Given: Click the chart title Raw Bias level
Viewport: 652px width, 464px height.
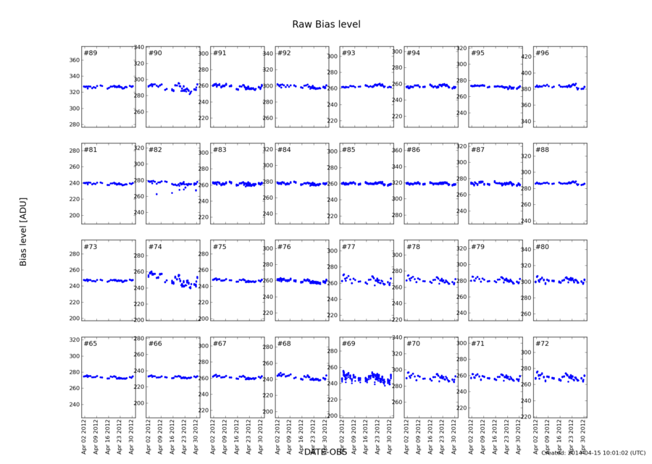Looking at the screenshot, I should click(x=326, y=25).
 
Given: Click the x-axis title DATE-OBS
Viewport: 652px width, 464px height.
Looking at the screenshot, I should click(x=325, y=452).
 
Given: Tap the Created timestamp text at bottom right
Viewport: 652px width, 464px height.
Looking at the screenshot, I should click(x=593, y=453).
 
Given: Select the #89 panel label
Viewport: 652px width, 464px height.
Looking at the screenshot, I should click(x=91, y=53).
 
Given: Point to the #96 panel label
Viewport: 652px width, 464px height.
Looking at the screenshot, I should click(x=542, y=53).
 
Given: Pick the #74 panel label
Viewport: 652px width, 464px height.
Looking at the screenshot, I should click(x=155, y=247).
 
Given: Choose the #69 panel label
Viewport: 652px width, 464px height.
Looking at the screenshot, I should click(x=348, y=343).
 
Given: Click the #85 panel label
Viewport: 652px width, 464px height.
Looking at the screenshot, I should click(x=348, y=150).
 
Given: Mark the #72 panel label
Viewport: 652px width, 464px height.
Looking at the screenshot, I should click(x=542, y=343).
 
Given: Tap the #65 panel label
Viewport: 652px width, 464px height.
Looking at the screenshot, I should click(x=91, y=343).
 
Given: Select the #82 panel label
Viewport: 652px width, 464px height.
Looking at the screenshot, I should click(x=155, y=150).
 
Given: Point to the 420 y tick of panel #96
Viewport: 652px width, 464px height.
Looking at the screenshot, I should click(x=525, y=56).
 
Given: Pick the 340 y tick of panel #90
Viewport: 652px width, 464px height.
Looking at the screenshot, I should click(x=138, y=47).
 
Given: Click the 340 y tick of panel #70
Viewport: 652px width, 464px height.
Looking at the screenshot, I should click(x=396, y=337).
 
